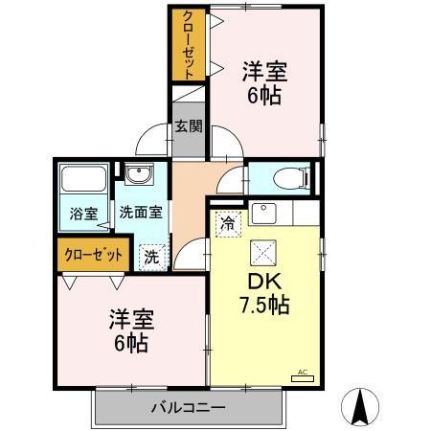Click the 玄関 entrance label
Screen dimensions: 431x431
coord(189,125)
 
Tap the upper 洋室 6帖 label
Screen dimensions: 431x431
coord(264,82)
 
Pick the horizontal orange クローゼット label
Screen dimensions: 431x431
coord(94,256)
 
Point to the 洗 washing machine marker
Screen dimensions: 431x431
coord(150,256)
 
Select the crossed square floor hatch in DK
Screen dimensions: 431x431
coord(263,252)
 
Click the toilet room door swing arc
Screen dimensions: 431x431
coord(231,182)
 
